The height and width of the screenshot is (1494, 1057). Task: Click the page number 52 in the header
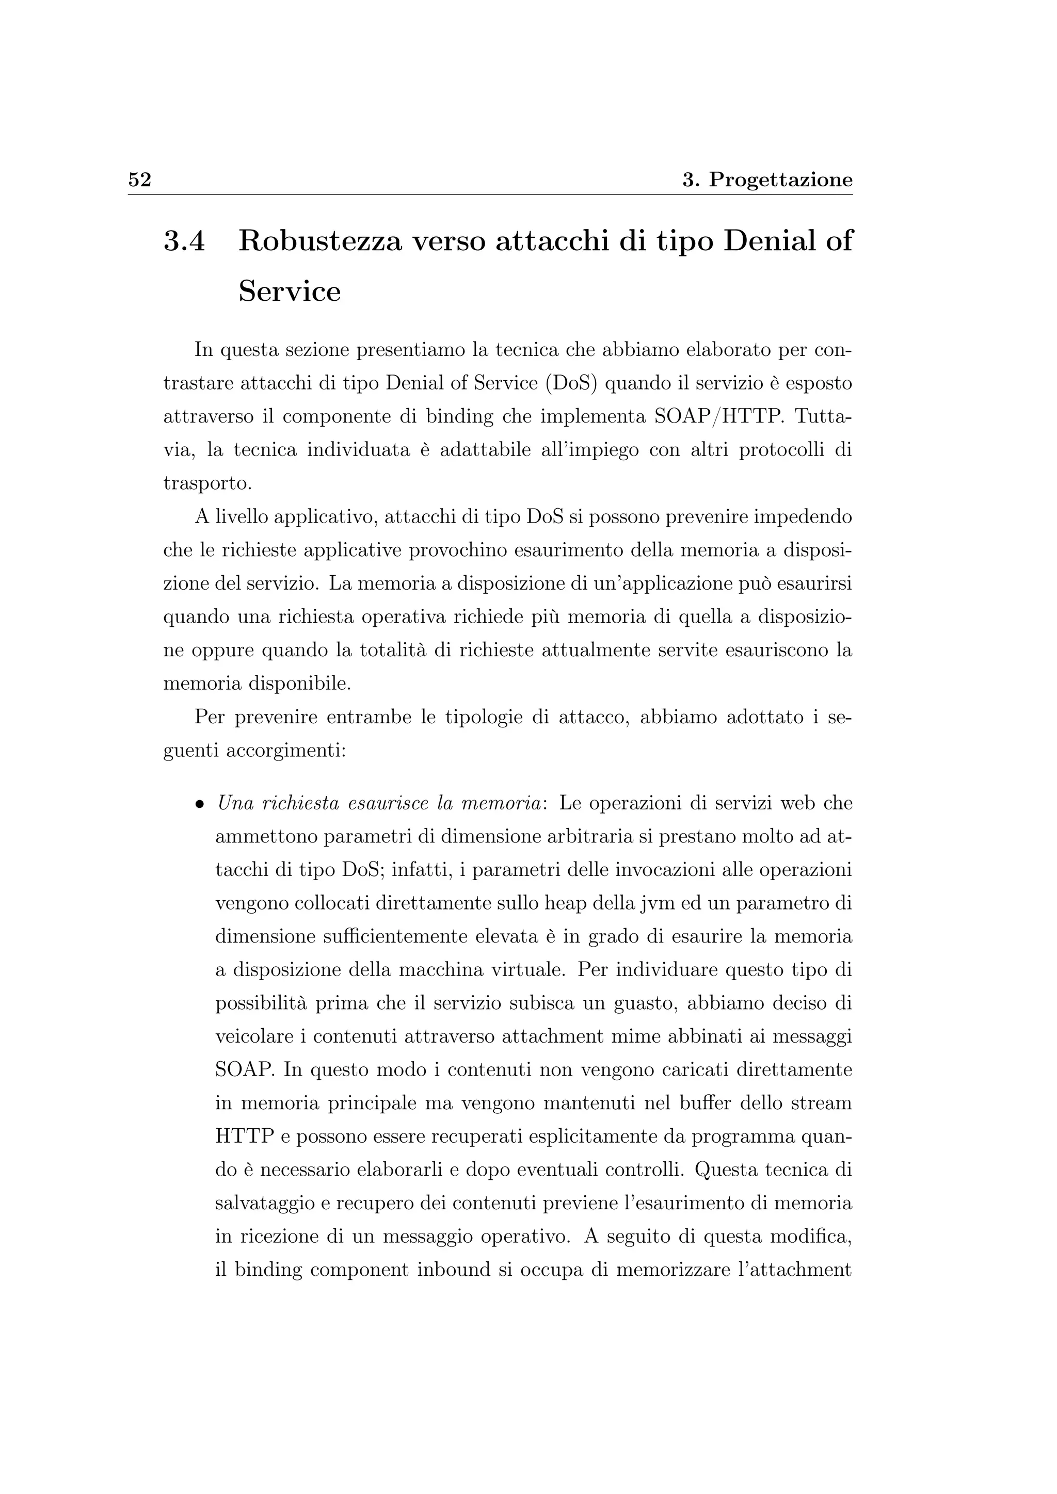click(x=139, y=180)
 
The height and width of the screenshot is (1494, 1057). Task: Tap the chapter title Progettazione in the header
click(x=780, y=180)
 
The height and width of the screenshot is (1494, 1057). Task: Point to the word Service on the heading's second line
click(x=290, y=291)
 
